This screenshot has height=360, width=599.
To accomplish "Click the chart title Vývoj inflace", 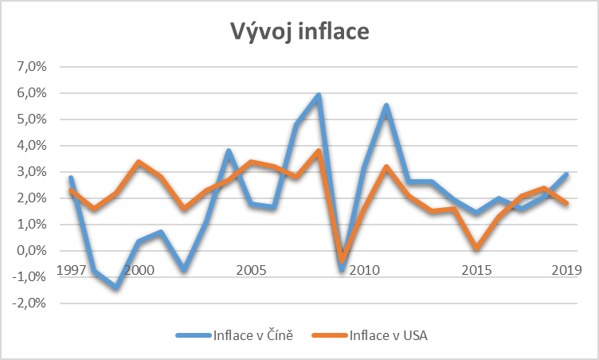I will coord(299,32).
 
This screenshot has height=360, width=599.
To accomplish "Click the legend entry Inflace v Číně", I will coord(248,335).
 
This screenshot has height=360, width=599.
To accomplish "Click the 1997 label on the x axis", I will coord(72,270).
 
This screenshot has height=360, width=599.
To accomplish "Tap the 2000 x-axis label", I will coord(139,270).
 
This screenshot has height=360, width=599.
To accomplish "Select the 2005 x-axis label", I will coord(251,270).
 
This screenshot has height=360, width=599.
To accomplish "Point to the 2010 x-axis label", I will coord(363,270).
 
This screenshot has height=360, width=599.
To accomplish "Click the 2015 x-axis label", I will coord(476,270).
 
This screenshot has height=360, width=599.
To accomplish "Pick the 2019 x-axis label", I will coord(566,270).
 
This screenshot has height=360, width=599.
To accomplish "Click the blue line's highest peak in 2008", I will coord(319,96).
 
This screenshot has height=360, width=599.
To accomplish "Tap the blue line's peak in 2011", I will coord(386,106).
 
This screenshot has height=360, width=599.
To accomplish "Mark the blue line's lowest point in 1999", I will coord(116,287).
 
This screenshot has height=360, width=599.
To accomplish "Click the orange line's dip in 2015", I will coord(476,248).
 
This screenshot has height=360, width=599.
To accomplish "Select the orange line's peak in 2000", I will coord(139,162).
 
